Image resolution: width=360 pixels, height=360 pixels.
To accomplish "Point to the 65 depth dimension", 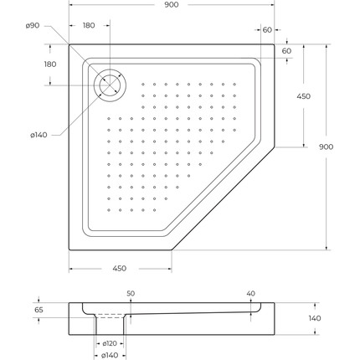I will point(39,310).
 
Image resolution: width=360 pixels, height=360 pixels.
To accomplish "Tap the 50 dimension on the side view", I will point(131,293).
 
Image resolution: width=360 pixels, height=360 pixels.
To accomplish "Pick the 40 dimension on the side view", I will point(251,293).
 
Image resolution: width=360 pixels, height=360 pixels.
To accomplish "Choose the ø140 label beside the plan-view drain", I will point(38,136).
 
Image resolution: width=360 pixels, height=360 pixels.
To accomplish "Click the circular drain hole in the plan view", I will point(109,84).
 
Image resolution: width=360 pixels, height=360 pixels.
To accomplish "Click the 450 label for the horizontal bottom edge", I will point(120,268).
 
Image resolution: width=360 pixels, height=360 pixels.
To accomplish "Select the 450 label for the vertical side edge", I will point(304,96).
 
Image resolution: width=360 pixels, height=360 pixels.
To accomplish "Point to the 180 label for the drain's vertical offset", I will point(50,64).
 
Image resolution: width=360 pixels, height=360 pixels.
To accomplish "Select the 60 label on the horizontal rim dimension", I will point(266,29).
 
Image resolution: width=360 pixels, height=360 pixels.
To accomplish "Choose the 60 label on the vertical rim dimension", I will point(286,51).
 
